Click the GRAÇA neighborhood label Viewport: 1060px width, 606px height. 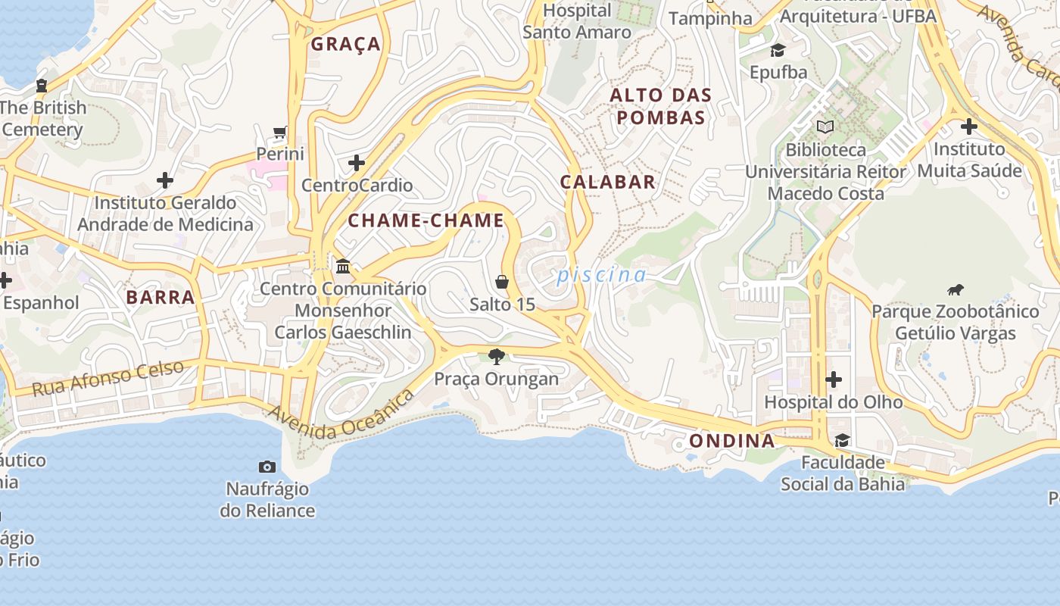[345, 45]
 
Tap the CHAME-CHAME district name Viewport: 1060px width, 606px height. [426, 221]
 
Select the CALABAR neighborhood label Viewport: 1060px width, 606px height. [607, 182]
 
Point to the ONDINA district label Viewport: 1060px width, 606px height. [731, 441]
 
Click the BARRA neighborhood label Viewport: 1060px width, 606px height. [161, 298]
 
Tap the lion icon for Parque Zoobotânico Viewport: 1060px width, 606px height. [956, 289]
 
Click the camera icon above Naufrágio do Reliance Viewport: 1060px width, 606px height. [267, 467]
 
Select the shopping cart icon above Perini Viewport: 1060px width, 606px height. [280, 133]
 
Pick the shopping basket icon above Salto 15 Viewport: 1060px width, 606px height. [501, 283]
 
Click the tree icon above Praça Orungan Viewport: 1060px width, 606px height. [497, 356]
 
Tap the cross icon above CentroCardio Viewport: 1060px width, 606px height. [357, 163]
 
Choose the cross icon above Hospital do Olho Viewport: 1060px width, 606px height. [834, 379]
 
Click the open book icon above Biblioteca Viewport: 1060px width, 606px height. [825, 127]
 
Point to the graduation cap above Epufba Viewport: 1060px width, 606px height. [778, 51]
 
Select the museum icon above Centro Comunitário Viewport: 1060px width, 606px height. [343, 266]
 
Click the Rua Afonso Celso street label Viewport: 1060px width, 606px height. [108, 378]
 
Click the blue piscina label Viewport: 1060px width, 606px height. [602, 275]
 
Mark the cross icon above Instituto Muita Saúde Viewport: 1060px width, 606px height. [968, 127]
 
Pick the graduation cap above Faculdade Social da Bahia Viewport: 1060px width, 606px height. [842, 440]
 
